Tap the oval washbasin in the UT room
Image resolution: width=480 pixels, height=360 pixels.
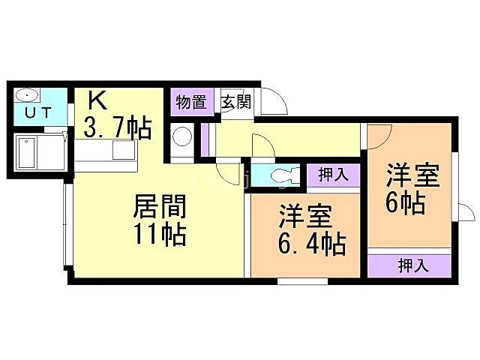click(26, 95)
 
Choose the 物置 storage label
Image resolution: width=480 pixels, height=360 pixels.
click(191, 102)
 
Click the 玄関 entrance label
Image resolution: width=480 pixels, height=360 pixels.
click(235, 102)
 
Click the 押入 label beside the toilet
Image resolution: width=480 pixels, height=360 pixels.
click(332, 175)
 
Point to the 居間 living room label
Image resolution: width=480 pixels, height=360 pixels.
click(160, 205)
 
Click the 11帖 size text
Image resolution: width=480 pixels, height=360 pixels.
click(160, 235)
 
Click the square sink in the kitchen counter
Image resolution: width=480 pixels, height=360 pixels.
click(122, 149)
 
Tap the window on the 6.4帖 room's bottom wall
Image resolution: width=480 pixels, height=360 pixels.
click(302, 281)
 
